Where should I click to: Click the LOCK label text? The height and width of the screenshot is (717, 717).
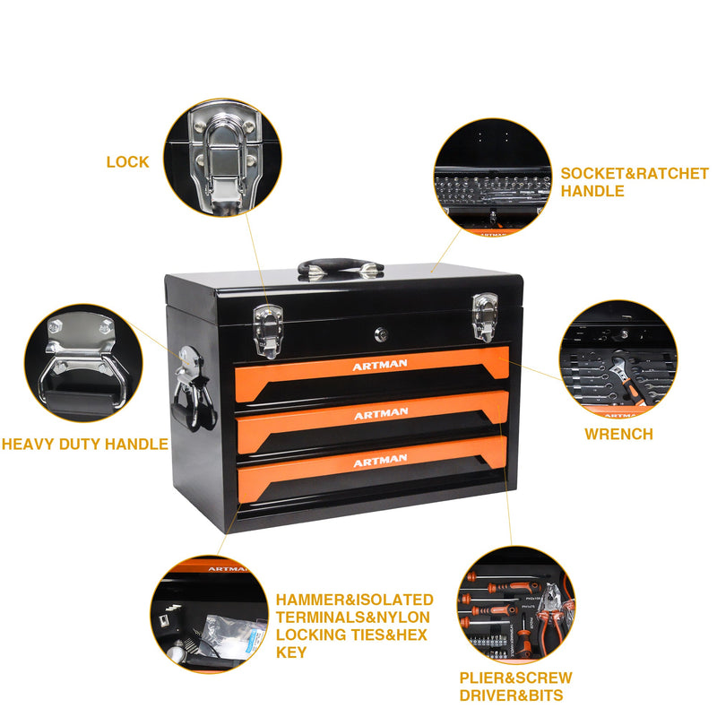[127, 162]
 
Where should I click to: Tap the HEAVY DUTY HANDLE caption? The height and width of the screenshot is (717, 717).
[84, 444]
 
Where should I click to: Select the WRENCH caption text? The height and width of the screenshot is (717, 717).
[618, 434]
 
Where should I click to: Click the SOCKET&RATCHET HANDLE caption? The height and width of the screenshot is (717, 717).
[634, 182]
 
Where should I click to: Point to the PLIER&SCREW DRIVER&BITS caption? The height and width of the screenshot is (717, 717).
[514, 686]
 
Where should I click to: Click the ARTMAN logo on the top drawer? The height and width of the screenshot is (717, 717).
[380, 366]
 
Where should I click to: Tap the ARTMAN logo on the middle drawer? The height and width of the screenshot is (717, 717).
[380, 414]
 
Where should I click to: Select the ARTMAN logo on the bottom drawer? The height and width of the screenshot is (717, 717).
[380, 462]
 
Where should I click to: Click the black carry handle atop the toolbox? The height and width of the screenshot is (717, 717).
[341, 267]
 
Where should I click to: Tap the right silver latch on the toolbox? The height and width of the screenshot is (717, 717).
[485, 315]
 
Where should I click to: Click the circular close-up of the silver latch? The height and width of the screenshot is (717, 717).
[221, 158]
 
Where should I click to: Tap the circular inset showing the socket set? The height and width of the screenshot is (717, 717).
[492, 177]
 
